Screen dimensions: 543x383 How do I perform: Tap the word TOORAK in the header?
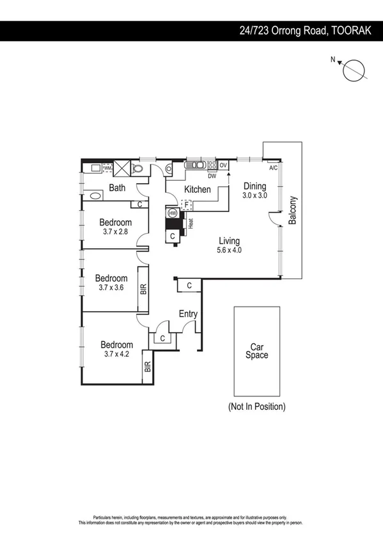point(355,30)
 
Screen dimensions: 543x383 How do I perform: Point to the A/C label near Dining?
point(273,168)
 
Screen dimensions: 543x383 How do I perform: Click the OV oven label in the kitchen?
point(223,165)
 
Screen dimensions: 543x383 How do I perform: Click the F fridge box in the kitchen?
point(187,205)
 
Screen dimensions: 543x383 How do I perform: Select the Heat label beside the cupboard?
point(190,223)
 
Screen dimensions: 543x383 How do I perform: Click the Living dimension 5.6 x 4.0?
point(228,250)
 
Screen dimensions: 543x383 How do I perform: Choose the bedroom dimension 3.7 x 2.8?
point(116,232)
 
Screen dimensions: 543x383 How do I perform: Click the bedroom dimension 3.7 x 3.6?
point(111,288)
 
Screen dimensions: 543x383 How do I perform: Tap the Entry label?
point(188,314)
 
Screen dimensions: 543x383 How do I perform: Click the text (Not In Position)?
point(256,407)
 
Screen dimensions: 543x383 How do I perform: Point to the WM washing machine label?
point(107,169)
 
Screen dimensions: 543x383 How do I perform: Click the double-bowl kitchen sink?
point(196,165)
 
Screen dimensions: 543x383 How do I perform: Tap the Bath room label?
point(116,188)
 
